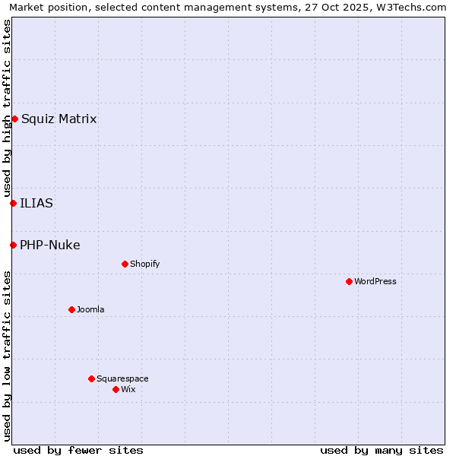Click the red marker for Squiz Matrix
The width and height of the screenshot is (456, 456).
click(14, 119)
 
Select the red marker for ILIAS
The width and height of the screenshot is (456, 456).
click(13, 203)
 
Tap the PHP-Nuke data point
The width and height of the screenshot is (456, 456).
click(13, 245)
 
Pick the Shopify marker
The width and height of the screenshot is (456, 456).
click(125, 264)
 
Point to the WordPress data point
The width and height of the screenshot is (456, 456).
click(349, 281)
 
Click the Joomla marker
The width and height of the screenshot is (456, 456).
click(71, 309)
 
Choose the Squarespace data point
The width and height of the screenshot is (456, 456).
click(91, 378)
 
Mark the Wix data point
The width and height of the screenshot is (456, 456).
click(116, 389)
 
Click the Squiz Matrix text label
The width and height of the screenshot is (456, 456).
click(59, 119)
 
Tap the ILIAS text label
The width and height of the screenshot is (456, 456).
click(36, 203)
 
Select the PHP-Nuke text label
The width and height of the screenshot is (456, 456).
click(50, 245)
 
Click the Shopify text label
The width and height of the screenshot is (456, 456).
click(144, 264)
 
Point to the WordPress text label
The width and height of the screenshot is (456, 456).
click(375, 281)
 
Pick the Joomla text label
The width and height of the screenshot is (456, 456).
click(90, 309)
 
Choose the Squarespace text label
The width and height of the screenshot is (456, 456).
click(122, 378)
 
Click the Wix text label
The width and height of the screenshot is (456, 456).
click(128, 389)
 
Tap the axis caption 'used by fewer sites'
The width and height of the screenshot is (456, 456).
click(78, 450)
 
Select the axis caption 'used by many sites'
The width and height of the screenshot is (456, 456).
click(382, 450)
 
